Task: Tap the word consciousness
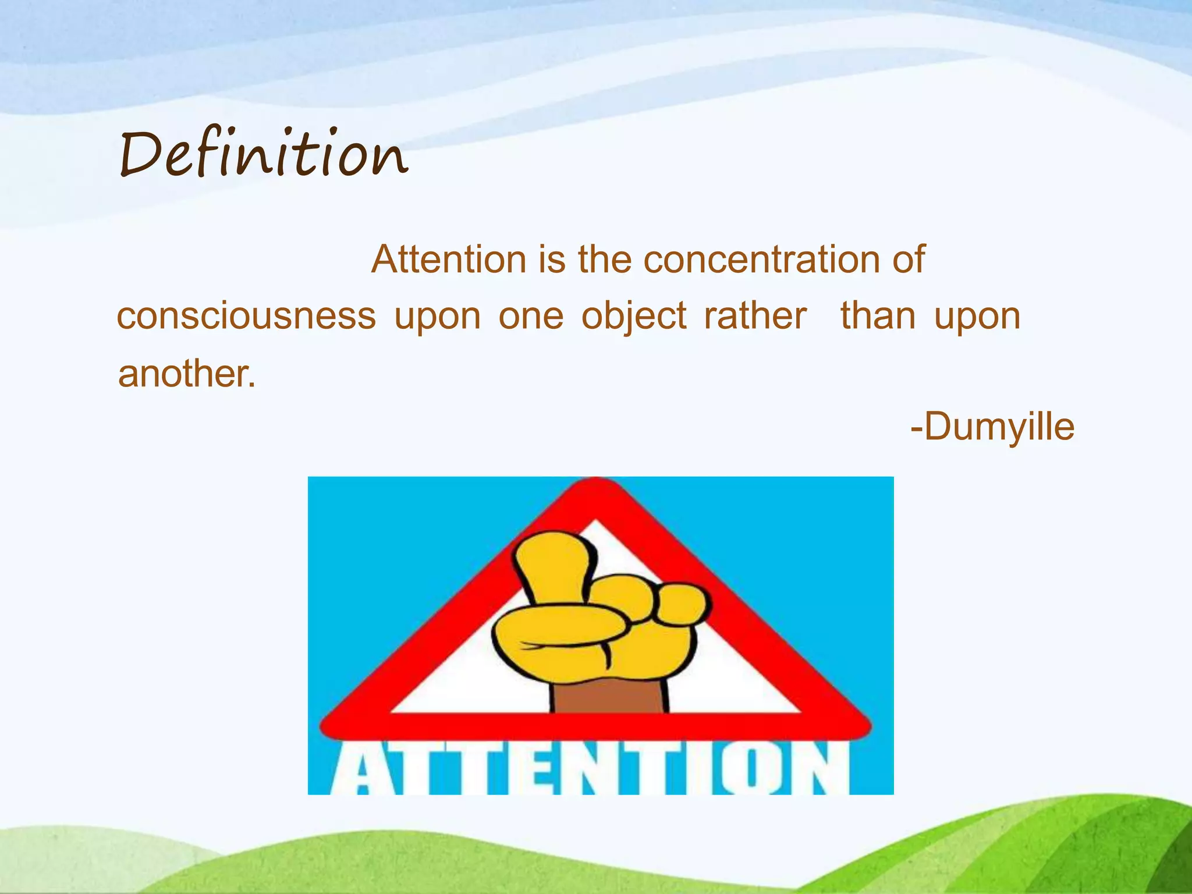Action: click(x=247, y=316)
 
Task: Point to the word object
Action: click(x=634, y=317)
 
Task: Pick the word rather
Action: click(x=755, y=316)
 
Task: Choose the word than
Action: click(x=878, y=316)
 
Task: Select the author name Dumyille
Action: click(x=998, y=427)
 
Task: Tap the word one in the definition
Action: click(x=531, y=317)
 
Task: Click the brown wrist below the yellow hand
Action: click(x=609, y=696)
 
